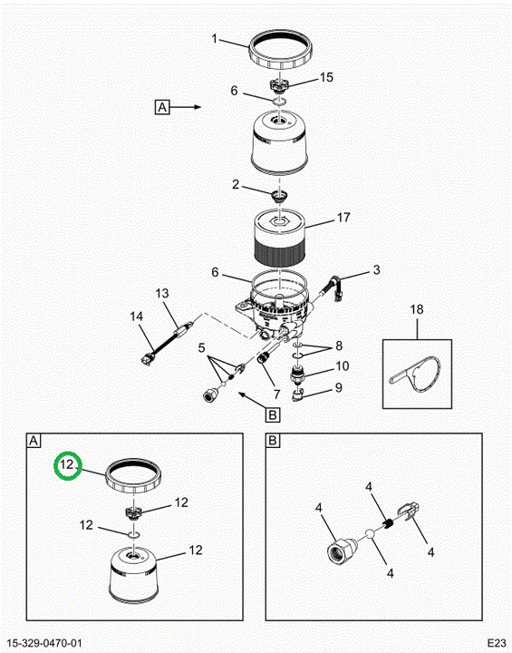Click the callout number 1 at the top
tap(215, 39)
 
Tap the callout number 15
tap(326, 77)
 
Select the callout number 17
tap(343, 218)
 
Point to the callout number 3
tap(376, 270)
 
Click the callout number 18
tap(417, 309)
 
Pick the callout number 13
tap(162, 293)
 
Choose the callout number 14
tap(137, 317)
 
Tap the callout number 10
tap(343, 366)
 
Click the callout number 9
tap(338, 388)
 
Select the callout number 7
tap(276, 394)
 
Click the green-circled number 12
tap(67, 464)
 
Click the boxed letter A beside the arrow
tap(162, 107)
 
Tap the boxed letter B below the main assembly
tap(273, 414)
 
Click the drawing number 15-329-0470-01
tap(44, 643)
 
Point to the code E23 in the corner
tap(497, 642)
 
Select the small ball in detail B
tap(370, 534)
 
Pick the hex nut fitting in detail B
tap(339, 551)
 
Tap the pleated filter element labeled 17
tap(280, 239)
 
